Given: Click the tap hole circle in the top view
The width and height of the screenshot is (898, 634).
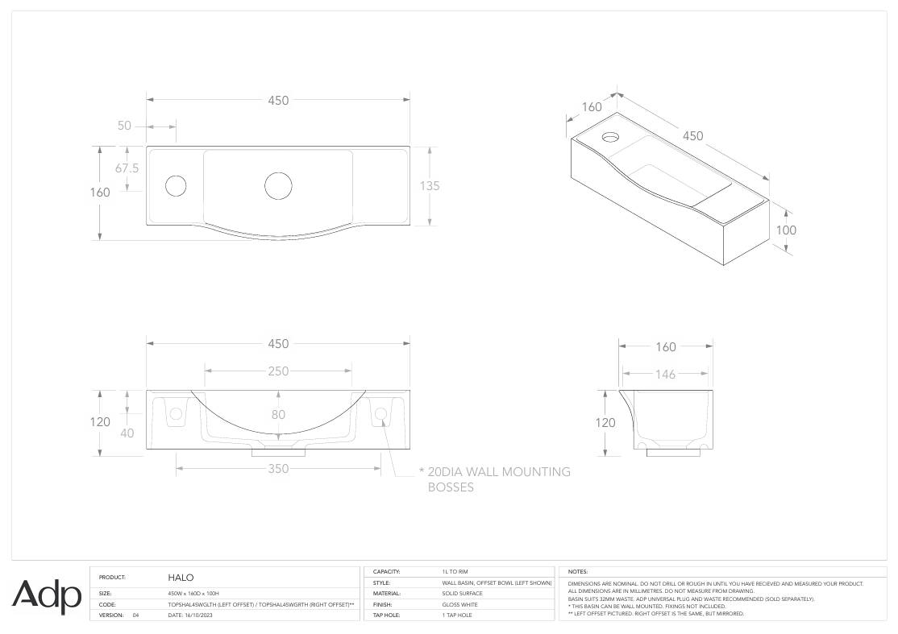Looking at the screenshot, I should pos(175,185).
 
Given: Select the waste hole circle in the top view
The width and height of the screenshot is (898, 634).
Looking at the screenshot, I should pos(277,185).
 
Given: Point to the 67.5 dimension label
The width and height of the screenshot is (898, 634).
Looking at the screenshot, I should pos(127,168).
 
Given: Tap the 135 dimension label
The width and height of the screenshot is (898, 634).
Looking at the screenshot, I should pos(430,185).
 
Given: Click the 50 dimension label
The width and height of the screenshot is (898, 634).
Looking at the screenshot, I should pos(124,126).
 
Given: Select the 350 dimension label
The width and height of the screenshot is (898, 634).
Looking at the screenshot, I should pos(277,469).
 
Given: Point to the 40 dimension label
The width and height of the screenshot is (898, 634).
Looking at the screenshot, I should pos(127,433).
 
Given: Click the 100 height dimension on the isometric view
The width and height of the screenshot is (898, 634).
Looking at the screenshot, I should pos(786,230).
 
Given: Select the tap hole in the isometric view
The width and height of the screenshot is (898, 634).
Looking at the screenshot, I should pos(610,135).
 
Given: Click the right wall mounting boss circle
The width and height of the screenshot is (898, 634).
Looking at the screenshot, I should pos(380,414).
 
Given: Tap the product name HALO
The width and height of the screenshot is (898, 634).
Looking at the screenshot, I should pos(181,578).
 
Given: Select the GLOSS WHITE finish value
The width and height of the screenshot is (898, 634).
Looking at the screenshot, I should pos(459,604).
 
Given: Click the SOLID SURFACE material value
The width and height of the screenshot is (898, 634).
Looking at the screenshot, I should pos(462,593).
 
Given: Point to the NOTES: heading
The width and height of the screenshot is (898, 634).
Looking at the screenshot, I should pos(578,571).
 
